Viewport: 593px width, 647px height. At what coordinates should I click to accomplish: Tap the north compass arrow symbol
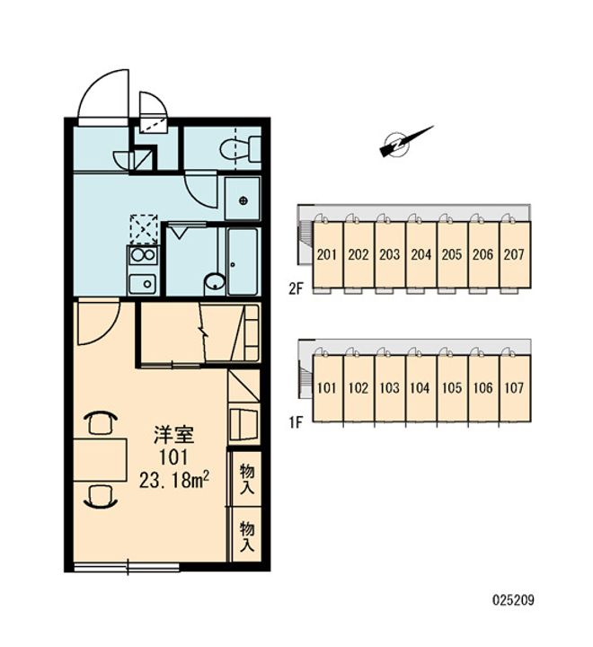click(406, 142)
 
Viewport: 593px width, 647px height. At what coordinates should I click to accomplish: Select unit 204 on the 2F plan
click(420, 254)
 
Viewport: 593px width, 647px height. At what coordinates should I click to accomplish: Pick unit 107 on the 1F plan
click(515, 388)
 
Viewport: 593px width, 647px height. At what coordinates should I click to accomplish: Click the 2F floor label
click(296, 288)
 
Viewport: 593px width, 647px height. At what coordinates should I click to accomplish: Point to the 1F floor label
click(296, 422)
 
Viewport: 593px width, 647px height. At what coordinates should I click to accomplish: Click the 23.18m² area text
click(173, 480)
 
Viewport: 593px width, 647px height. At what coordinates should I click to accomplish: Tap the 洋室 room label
click(173, 435)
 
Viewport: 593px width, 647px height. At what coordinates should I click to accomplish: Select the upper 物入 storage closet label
click(247, 479)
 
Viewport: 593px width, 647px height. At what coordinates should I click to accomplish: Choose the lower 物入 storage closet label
click(247, 536)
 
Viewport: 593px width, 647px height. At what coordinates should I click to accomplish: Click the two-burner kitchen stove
click(143, 256)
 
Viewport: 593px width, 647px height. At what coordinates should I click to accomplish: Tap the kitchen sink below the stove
click(143, 283)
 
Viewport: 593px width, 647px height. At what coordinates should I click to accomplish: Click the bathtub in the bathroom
click(243, 261)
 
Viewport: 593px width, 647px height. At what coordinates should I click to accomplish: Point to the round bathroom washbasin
click(215, 283)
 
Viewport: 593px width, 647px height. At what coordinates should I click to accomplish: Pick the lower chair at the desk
click(101, 496)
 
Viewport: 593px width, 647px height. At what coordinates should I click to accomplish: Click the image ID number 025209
click(513, 599)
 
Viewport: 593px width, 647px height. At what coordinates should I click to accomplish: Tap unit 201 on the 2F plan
click(327, 254)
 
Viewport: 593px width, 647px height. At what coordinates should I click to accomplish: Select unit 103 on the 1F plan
click(390, 388)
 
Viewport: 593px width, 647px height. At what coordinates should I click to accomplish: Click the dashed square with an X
click(144, 229)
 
